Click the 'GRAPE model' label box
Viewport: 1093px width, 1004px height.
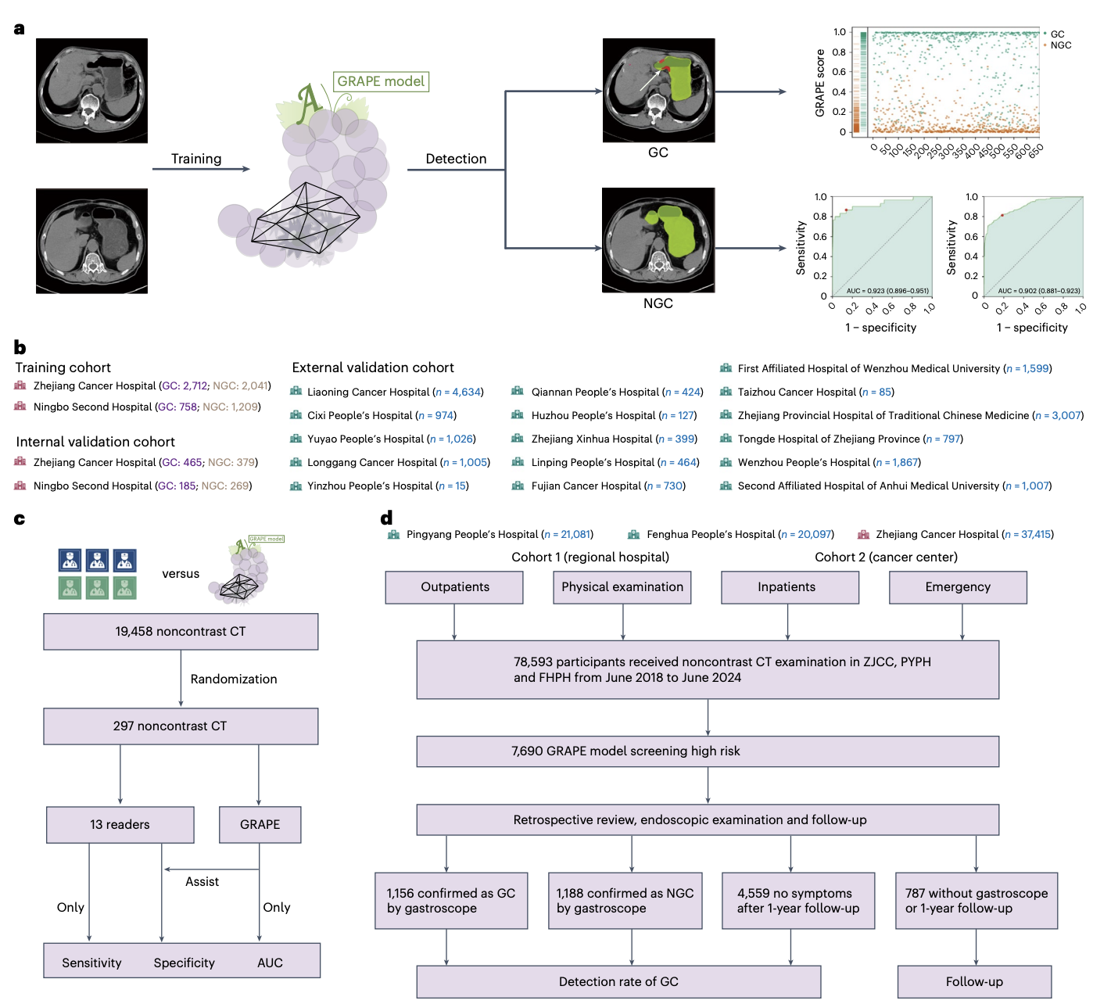click(381, 81)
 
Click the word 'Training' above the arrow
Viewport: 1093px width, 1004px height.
click(196, 159)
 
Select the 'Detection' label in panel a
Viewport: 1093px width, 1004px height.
click(456, 159)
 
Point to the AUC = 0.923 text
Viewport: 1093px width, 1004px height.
click(887, 291)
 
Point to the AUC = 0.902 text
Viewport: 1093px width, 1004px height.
click(1038, 291)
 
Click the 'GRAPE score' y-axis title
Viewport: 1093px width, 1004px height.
click(820, 83)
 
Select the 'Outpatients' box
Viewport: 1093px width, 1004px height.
click(454, 587)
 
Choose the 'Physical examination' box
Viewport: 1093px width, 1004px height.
click(622, 587)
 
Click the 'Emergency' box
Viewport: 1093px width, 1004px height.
click(958, 587)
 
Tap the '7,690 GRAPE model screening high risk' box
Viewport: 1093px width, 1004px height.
click(708, 751)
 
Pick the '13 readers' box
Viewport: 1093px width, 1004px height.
click(120, 825)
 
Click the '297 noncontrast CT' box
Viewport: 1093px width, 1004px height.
click(181, 726)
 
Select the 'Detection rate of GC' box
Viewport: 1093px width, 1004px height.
click(618, 982)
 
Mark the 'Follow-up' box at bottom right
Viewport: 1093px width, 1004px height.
click(974, 982)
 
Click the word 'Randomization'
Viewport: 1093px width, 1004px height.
click(234, 679)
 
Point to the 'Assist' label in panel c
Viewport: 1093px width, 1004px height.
click(202, 882)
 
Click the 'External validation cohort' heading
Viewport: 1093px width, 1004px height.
click(373, 368)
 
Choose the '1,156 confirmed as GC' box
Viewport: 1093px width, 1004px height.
click(451, 901)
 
